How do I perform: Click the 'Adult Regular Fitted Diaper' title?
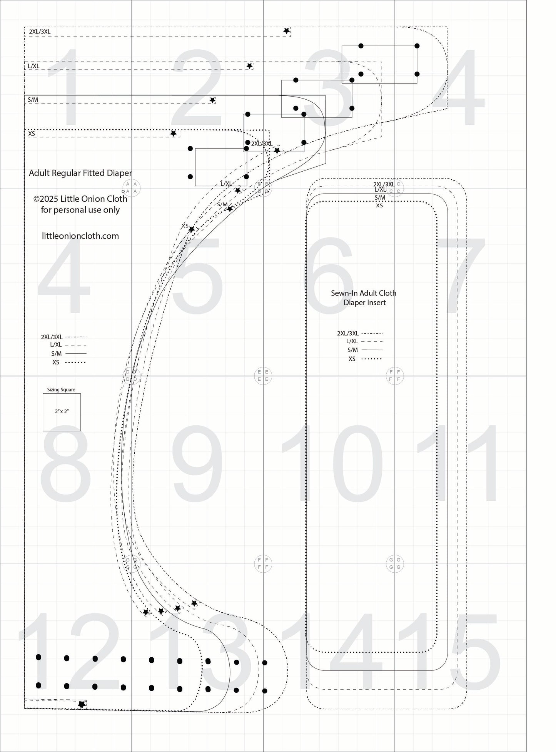point(80,173)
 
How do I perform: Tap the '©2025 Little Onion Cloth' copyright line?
point(80,199)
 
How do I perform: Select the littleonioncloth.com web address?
point(80,236)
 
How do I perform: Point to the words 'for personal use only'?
point(80,210)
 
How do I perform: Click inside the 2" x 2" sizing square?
point(62,412)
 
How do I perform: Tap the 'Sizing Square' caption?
point(61,389)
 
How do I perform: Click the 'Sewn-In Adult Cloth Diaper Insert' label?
point(364,298)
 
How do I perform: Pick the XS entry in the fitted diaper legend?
point(56,363)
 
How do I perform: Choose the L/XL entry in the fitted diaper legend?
point(56,345)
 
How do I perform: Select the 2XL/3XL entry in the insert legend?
point(348,333)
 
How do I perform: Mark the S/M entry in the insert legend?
point(352,350)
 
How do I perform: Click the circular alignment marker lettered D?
point(131,375)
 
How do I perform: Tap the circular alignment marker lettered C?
point(395,188)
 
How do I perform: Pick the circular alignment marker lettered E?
point(263,375)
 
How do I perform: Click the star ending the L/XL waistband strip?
point(249,66)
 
